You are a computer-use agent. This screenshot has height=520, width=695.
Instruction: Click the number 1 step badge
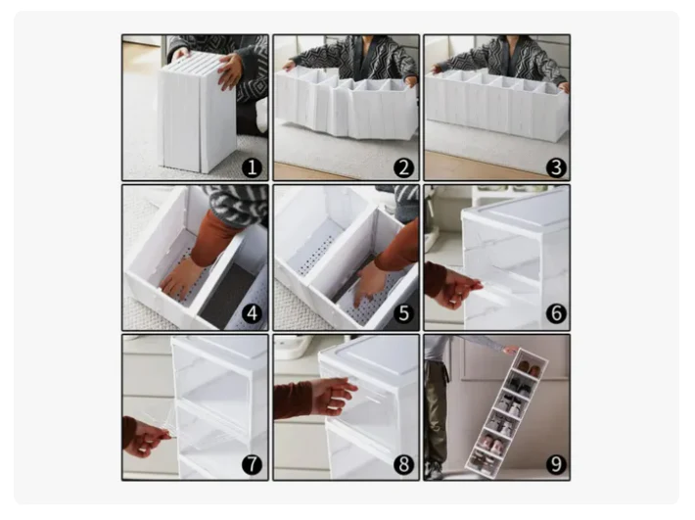pyautogui.click(x=253, y=168)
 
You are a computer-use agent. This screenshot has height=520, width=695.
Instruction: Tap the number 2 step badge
pyautogui.click(x=403, y=168)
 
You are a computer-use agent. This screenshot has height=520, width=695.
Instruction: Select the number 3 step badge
pyautogui.click(x=556, y=168)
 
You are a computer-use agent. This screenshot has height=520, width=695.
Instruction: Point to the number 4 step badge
pyautogui.click(x=253, y=313)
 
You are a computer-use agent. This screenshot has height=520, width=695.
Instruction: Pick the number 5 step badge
pyautogui.click(x=403, y=313)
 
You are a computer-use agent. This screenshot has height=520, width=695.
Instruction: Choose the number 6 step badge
pyautogui.click(x=556, y=313)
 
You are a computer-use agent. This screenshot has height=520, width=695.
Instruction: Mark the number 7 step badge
pyautogui.click(x=253, y=464)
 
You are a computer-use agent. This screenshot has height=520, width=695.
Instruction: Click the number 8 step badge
pyautogui.click(x=403, y=464)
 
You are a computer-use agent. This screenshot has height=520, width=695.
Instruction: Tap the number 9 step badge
pyautogui.click(x=556, y=464)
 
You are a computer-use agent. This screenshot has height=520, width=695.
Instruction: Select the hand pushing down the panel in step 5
pyautogui.click(x=370, y=285)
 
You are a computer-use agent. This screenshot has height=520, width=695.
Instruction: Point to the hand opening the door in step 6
pyautogui.click(x=460, y=289)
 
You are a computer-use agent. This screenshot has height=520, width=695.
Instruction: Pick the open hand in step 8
pyautogui.click(x=336, y=396)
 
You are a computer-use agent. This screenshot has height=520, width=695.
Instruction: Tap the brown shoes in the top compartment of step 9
pyautogui.click(x=529, y=369)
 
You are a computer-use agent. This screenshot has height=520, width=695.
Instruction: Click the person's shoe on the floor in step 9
pyautogui.click(x=435, y=471)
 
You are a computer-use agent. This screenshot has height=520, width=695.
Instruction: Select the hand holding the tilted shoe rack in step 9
pyautogui.click(x=510, y=351)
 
